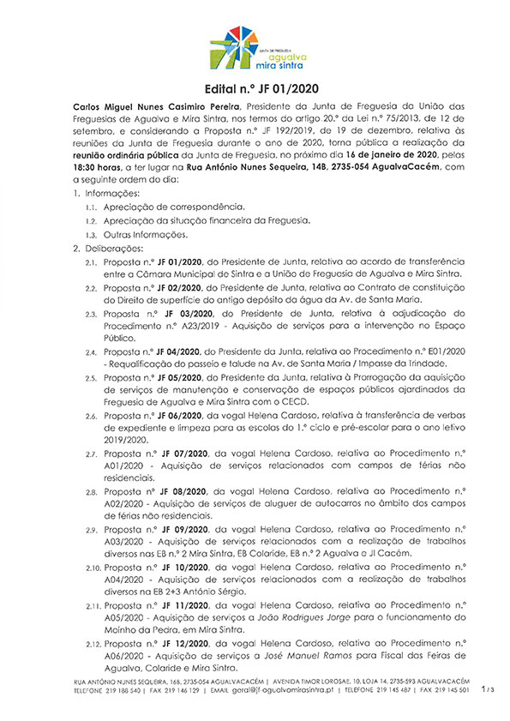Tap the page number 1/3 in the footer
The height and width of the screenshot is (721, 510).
tap(488, 688)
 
